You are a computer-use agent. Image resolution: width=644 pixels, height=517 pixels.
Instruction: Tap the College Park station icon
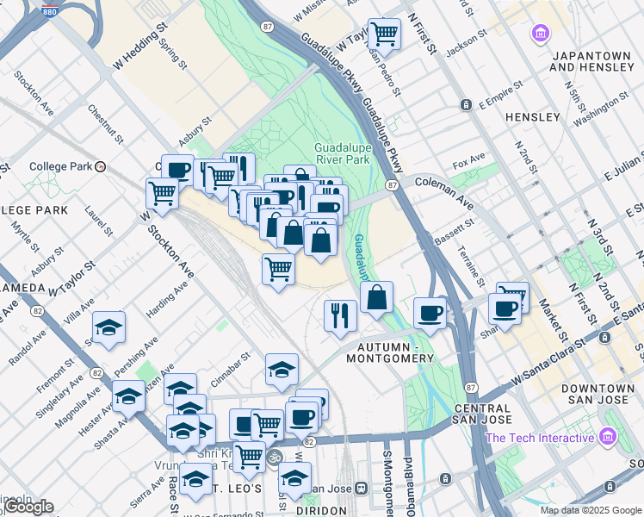click(102, 166)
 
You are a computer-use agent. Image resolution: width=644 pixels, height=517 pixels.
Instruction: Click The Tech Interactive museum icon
click(610, 437)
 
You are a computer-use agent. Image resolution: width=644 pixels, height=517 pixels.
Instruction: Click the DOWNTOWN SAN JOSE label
click(598, 396)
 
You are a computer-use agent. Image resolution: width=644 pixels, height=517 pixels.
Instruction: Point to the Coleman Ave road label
click(444, 192)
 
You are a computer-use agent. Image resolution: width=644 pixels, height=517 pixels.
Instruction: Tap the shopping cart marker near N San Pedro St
click(384, 35)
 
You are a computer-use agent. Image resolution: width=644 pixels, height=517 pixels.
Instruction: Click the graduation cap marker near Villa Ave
click(108, 327)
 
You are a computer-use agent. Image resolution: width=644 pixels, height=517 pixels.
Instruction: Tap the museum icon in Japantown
click(541, 34)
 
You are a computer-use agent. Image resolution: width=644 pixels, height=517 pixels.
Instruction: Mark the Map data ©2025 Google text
click(591, 510)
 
